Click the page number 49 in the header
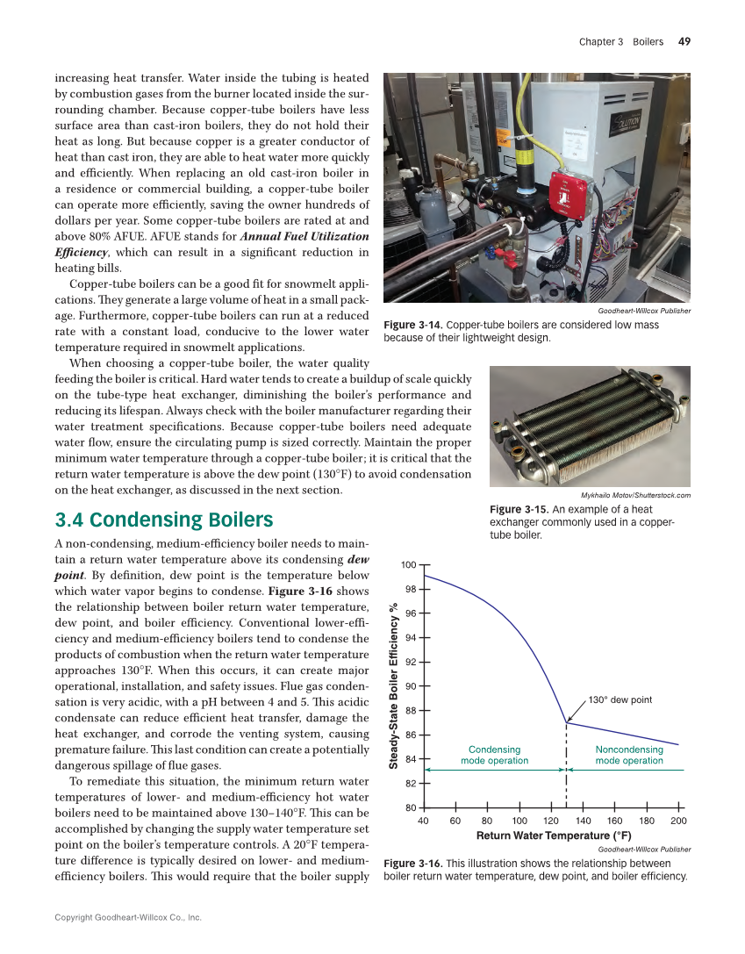pyautogui.click(x=684, y=41)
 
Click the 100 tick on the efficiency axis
pyautogui.click(x=409, y=563)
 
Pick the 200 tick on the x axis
pyautogui.click(x=677, y=821)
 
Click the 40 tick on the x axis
pyautogui.click(x=423, y=821)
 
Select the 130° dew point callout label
pyautogui.click(x=620, y=699)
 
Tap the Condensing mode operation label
pyautogui.click(x=494, y=755)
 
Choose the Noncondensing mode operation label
pyautogui.click(x=629, y=755)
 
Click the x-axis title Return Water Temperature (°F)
pyautogui.click(x=553, y=836)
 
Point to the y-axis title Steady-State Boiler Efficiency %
pyautogui.click(x=394, y=685)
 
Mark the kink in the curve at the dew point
pyautogui.click(x=566, y=722)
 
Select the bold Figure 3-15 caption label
pyautogui.click(x=518, y=509)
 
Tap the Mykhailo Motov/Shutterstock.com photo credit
pyautogui.click(x=635, y=495)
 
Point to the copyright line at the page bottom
pyautogui.click(x=128, y=917)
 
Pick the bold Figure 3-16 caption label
pyautogui.click(x=413, y=864)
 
